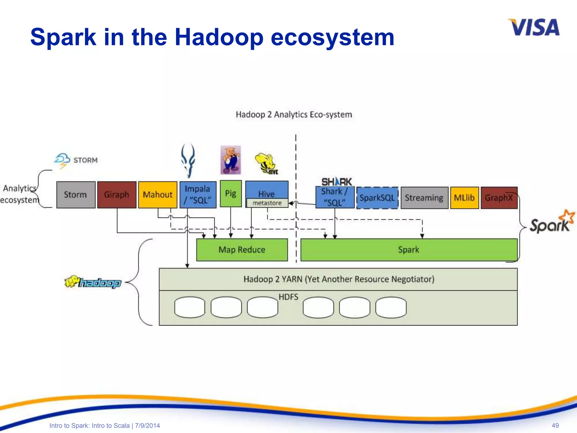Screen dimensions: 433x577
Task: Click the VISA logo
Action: (534, 28)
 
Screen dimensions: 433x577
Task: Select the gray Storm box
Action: (76, 195)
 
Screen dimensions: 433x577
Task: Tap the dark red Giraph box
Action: (117, 195)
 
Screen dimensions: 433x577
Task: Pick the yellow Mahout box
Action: (157, 195)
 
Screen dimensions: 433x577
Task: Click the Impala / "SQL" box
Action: (198, 195)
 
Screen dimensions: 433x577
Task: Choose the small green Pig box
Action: (230, 194)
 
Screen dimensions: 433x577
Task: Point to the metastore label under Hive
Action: (267, 203)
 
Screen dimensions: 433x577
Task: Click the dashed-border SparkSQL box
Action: (377, 198)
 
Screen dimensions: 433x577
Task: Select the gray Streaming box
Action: (424, 198)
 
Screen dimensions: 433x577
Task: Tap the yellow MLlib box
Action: (464, 198)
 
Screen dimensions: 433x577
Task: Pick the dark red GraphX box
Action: (499, 198)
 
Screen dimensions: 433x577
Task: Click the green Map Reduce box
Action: (242, 250)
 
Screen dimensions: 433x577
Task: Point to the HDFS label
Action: (288, 297)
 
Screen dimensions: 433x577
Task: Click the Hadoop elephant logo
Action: (93, 282)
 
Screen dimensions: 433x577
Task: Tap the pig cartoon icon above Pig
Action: (230, 160)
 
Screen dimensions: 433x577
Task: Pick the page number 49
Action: (555, 425)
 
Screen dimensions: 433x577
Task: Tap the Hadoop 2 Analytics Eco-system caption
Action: (294, 115)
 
